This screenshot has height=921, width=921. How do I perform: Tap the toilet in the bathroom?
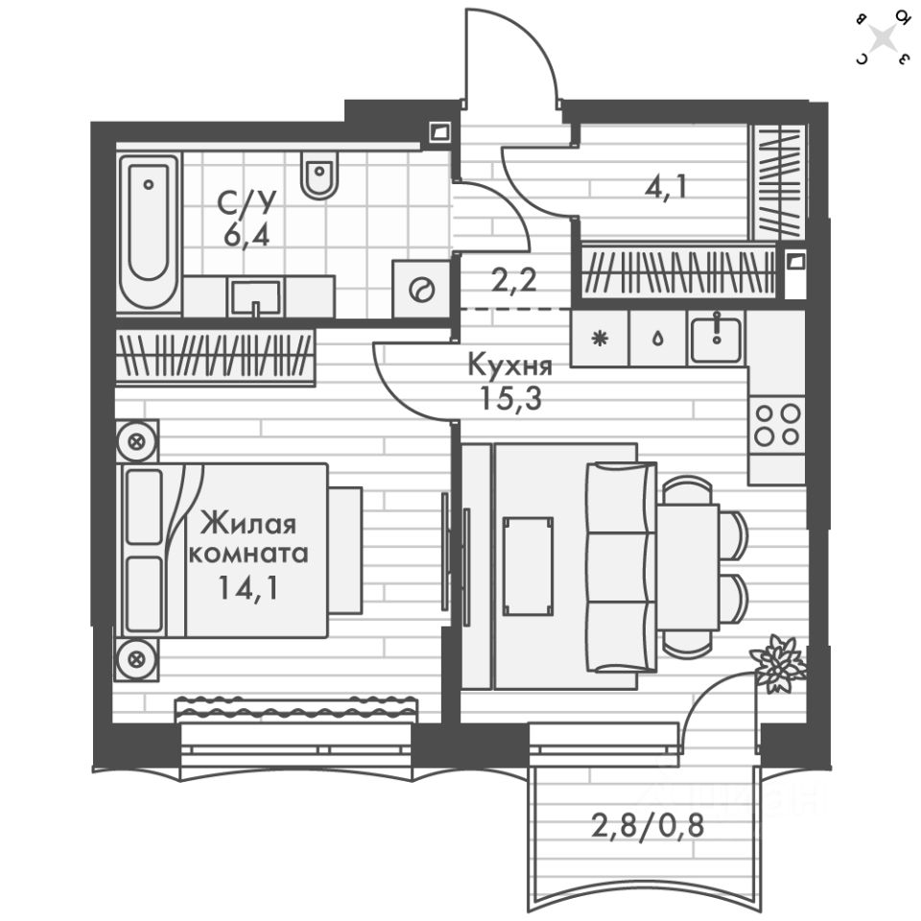coord(319,175)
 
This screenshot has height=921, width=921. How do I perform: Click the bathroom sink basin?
coord(255,296)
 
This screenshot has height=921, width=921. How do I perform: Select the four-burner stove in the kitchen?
coord(777,423)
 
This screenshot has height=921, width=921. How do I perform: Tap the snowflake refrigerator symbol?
coord(600,339)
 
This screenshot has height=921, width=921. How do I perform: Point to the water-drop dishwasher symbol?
coord(657,339)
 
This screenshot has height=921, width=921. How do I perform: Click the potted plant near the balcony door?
coord(777,662)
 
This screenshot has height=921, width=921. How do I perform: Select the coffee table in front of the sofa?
coord(528,566)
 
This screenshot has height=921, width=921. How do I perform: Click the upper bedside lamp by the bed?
coord(137,441)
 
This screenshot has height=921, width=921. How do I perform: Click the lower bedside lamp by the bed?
coord(137,658)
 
